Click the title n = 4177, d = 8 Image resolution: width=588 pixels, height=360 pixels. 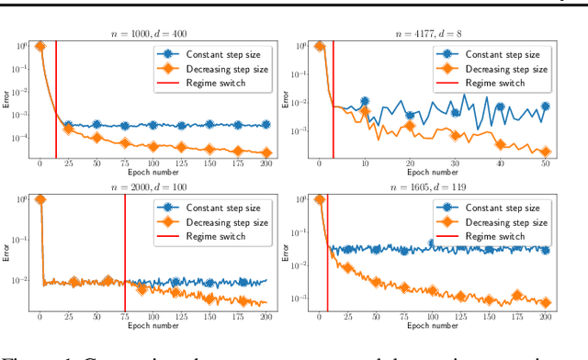click(x=438, y=34)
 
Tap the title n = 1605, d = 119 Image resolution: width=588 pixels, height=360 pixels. click(x=438, y=186)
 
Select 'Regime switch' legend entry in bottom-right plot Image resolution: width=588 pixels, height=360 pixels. click(x=492, y=235)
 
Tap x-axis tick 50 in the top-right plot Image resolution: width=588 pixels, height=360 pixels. click(x=545, y=164)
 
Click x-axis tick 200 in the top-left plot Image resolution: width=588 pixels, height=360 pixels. click(x=266, y=164)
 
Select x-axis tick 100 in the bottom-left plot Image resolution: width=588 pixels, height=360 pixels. click(x=153, y=317)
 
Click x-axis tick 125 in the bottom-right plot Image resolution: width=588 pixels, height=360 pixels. click(x=460, y=317)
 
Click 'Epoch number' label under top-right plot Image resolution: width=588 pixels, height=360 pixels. click(x=438, y=172)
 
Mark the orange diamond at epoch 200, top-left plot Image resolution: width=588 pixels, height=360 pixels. click(x=266, y=152)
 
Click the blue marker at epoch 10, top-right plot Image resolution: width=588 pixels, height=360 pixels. click(x=365, y=102)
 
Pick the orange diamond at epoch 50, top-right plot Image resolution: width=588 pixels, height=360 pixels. click(x=545, y=152)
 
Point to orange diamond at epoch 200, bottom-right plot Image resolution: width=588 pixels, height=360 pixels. click(x=545, y=302)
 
